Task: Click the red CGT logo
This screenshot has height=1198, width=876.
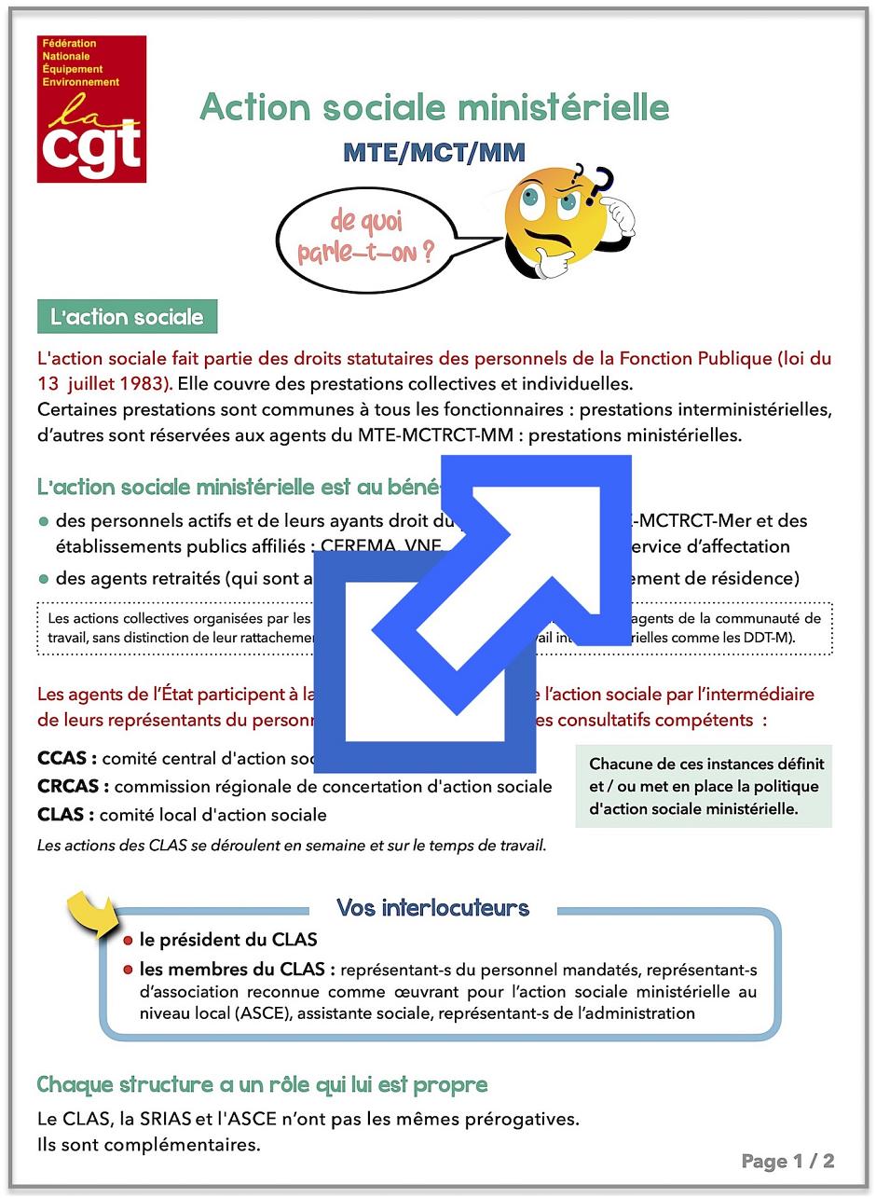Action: [x=91, y=109]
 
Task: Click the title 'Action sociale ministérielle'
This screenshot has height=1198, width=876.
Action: [x=434, y=107]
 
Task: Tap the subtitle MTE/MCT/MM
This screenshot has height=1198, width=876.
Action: [x=434, y=152]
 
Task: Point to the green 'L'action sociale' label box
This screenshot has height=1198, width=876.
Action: [x=127, y=317]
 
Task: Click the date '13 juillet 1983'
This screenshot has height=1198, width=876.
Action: [x=103, y=382]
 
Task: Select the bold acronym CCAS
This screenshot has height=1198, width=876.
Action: [x=65, y=758]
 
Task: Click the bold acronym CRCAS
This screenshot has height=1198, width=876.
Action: [x=72, y=786]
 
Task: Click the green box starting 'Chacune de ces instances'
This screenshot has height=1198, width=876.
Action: [x=704, y=786]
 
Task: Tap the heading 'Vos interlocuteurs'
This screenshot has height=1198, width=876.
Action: [x=432, y=907]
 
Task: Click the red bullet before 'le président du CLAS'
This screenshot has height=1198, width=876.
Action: [x=128, y=941]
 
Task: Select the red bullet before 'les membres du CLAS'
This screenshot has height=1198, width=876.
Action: [x=128, y=970]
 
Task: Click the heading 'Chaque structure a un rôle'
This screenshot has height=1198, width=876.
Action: [x=262, y=1084]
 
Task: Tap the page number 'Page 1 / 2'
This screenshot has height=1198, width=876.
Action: [x=787, y=1161]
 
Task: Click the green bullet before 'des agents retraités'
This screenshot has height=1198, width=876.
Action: [x=44, y=579]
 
